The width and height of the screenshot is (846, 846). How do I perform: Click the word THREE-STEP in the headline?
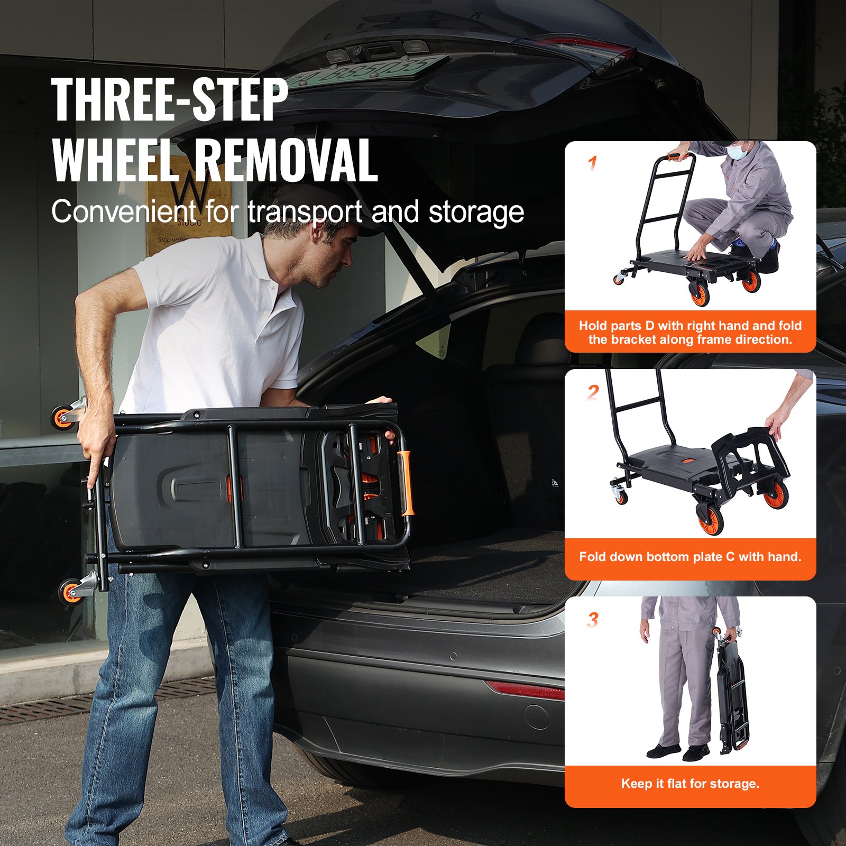[x=169, y=99]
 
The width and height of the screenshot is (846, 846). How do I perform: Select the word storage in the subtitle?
[x=476, y=213]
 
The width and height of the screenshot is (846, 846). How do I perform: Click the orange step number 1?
[x=593, y=164]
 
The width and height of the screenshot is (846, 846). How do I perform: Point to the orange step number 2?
[x=593, y=392]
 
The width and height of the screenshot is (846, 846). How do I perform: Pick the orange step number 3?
[x=593, y=620]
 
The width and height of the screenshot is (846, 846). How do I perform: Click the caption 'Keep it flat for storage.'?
[x=690, y=783]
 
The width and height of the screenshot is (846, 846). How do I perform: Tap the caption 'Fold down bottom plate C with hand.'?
[x=690, y=556]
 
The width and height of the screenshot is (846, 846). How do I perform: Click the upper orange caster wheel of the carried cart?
[x=62, y=417]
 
